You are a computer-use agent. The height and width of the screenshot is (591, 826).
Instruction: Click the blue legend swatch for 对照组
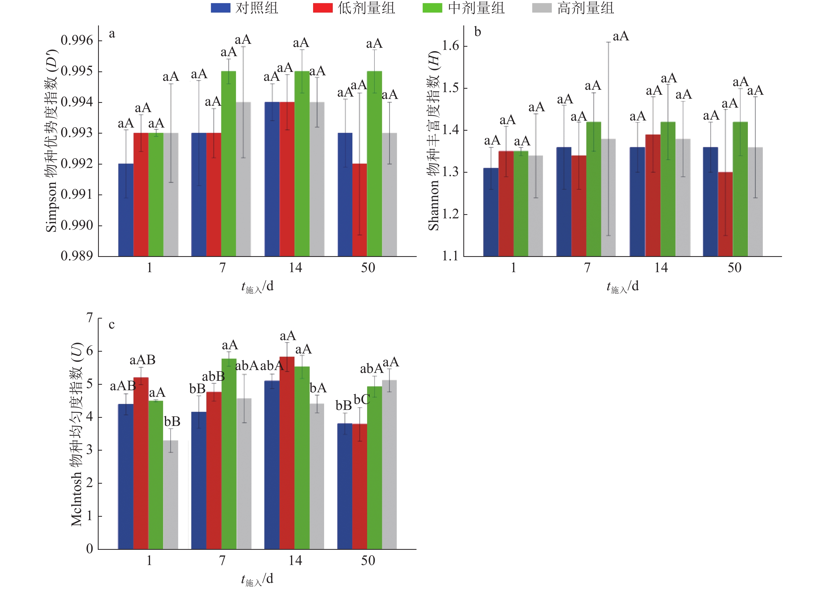pos(220,8)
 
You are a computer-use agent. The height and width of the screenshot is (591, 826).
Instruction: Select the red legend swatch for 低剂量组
pos(323,8)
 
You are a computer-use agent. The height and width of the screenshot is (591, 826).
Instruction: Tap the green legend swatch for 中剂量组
pos(432,8)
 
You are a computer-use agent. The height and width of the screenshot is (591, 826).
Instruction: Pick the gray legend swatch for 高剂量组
pos(542,8)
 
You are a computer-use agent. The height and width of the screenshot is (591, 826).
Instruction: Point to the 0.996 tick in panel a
pos(77,40)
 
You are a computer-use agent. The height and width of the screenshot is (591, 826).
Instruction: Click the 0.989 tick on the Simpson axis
pos(77,256)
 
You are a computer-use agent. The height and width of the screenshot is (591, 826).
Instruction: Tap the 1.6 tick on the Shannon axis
pos(450,46)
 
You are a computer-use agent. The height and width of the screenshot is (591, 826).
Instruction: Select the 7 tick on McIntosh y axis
pos(89,318)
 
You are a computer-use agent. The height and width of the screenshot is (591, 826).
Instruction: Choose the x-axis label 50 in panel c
pos(368,561)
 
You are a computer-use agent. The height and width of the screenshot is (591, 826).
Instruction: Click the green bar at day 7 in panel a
pos(228,164)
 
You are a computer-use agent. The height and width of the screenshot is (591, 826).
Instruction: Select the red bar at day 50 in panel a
pos(360,210)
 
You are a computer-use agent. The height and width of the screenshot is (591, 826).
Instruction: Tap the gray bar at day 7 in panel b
pos(608,198)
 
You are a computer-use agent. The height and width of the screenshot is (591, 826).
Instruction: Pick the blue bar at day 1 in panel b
pos(491,212)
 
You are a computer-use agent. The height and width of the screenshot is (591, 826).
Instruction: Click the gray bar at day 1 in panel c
pos(170,495)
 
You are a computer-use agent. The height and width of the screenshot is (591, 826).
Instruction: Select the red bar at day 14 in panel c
pos(287,453)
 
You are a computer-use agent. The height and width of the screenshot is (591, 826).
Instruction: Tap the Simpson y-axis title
pos(52,140)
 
